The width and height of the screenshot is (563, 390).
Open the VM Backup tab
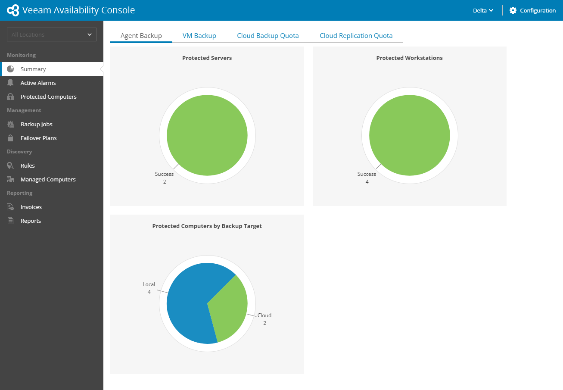pos(199,36)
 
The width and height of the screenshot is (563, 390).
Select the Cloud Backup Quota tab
pos(268,36)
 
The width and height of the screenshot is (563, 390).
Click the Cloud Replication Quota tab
pos(356,36)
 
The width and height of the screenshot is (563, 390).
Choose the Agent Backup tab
pos(141,36)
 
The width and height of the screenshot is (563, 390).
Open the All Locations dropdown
pos(52,34)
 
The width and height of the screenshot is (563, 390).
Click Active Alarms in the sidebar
pos(38,83)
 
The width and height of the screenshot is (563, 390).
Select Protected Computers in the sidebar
pos(48,97)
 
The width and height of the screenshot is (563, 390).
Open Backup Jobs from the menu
pos(36,124)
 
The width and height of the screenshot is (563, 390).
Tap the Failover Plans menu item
pos(38,138)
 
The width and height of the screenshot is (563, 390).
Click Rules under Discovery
pos(28,165)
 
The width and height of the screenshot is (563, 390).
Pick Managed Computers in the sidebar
pos(48,179)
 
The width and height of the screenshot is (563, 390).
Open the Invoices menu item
pos(31,207)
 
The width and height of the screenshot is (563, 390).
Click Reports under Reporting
pos(31,221)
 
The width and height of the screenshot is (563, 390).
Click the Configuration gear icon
pos(513,10)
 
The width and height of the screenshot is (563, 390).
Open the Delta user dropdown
pos(483,10)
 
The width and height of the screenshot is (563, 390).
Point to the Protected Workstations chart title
pos(409,58)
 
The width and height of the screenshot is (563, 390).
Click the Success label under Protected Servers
pos(164,174)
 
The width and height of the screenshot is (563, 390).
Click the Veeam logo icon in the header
pos(13,10)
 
